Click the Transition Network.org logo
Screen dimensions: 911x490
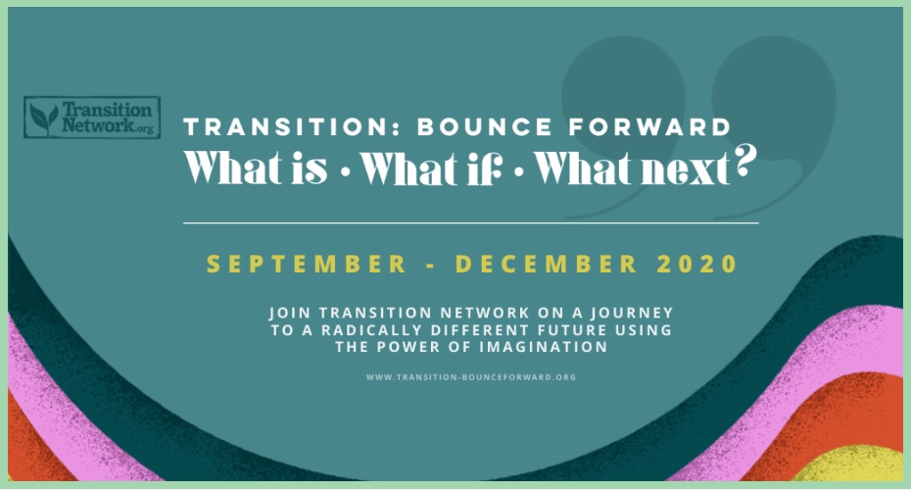coord(92,118)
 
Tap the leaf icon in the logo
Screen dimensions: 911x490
coord(43,118)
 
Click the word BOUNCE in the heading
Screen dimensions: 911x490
coord(485,127)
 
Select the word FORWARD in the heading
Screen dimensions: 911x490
coord(649,127)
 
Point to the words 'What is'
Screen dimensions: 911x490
coord(256,168)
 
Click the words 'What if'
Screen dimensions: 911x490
coord(430,168)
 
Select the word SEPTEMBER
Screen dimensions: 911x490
coord(307,264)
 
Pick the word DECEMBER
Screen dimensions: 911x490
coord(547,264)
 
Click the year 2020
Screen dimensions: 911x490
coord(697,264)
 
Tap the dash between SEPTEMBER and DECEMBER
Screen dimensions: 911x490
coord(430,266)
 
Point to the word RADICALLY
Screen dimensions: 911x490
coord(370,330)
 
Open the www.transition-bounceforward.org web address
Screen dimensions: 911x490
coord(471,377)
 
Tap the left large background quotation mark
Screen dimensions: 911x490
coord(623,117)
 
